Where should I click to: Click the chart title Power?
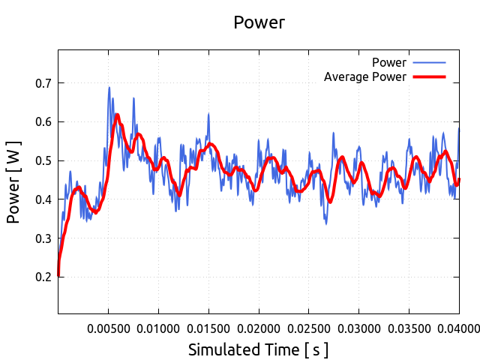click(x=259, y=22)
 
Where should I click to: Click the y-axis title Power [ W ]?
click(x=14, y=182)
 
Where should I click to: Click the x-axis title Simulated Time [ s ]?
click(x=258, y=349)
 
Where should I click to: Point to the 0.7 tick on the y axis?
click(x=43, y=83)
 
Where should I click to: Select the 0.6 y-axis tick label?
click(x=43, y=121)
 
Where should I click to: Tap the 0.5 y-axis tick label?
click(x=43, y=160)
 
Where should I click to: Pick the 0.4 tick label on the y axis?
click(x=43, y=199)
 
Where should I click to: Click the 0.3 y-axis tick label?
click(x=43, y=238)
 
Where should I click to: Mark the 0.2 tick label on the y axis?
click(x=43, y=277)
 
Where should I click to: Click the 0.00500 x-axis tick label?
click(x=108, y=328)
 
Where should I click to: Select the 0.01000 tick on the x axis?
click(x=158, y=328)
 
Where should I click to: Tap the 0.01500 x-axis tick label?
click(x=208, y=328)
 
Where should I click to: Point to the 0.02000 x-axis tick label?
click(x=259, y=328)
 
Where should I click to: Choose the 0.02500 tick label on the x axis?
click(x=309, y=328)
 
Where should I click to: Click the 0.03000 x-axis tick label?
click(x=359, y=328)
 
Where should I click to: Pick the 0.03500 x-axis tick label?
click(x=409, y=328)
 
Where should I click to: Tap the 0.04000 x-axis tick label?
click(x=458, y=328)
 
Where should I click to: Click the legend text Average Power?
click(x=364, y=77)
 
